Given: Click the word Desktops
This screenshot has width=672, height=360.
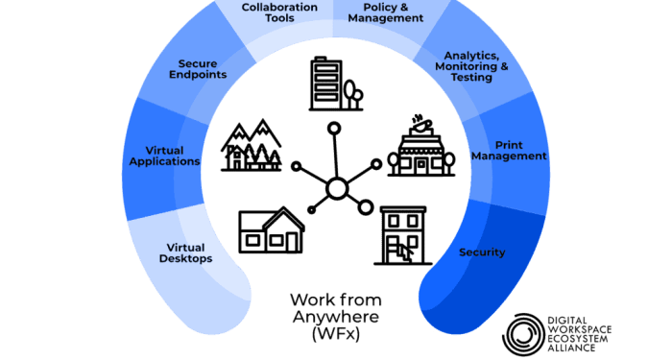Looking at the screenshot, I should point(186,258).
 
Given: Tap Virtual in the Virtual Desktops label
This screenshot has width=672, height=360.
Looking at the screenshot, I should point(186,247).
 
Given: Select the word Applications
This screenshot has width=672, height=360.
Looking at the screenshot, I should point(164,161).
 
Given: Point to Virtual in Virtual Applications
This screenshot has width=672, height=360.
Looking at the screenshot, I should point(164,150).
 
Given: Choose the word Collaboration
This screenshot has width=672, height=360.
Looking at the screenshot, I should point(279,7).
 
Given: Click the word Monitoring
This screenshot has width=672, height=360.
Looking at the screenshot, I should point(468,66).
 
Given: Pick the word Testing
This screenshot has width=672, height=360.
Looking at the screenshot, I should point(471,78).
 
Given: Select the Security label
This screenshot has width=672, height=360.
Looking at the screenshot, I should point(482,252).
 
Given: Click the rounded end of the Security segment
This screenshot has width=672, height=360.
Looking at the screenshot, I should point(445,308).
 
